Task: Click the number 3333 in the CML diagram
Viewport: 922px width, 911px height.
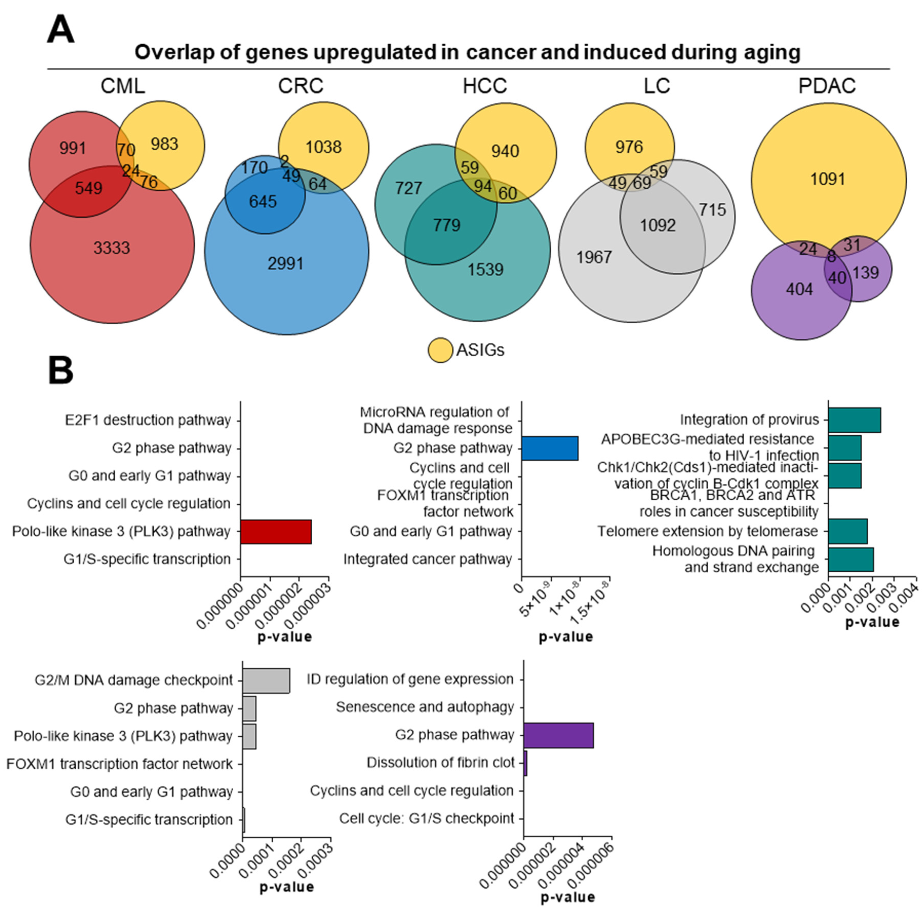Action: click(x=112, y=248)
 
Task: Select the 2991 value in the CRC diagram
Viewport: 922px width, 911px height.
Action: click(x=285, y=263)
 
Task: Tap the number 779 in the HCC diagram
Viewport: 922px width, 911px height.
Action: click(x=447, y=225)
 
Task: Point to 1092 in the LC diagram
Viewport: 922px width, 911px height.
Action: click(x=658, y=225)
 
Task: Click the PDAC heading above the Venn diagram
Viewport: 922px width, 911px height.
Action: click(x=827, y=86)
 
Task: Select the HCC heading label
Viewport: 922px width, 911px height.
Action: click(x=484, y=86)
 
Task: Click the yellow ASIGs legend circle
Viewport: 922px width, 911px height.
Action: click(x=440, y=350)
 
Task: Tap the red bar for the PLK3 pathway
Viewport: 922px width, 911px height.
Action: click(x=276, y=531)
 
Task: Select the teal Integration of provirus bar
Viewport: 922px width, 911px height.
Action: click(x=854, y=420)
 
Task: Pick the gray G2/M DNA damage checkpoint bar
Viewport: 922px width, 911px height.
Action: click(x=266, y=680)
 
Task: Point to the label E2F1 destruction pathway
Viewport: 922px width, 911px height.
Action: click(x=148, y=420)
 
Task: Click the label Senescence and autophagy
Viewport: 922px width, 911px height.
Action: click(x=425, y=707)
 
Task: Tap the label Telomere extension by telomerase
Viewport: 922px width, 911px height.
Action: click(x=708, y=531)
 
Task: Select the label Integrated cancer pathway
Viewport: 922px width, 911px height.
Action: click(x=428, y=559)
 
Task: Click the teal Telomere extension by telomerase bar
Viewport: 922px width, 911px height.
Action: click(x=848, y=531)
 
